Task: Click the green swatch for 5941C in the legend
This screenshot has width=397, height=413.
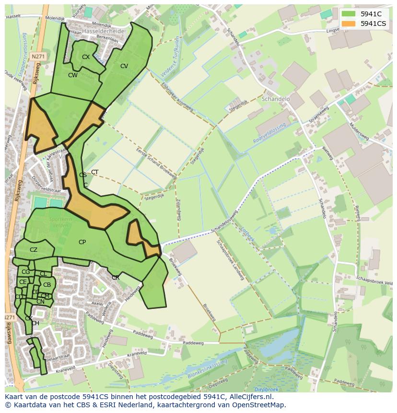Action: (349, 14)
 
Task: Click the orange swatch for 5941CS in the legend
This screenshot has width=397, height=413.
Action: (349, 24)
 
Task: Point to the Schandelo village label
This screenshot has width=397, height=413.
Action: (277, 99)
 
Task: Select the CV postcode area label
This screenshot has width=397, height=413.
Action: (124, 66)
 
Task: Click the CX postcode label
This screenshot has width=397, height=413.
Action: (86, 57)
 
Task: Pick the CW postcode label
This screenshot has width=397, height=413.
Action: (72, 75)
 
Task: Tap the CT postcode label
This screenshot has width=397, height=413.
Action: (95, 172)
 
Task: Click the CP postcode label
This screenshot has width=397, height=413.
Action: (82, 242)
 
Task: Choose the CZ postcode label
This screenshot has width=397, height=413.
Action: (34, 250)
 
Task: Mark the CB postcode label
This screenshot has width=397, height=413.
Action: (47, 285)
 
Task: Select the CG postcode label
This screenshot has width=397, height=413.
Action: (26, 272)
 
